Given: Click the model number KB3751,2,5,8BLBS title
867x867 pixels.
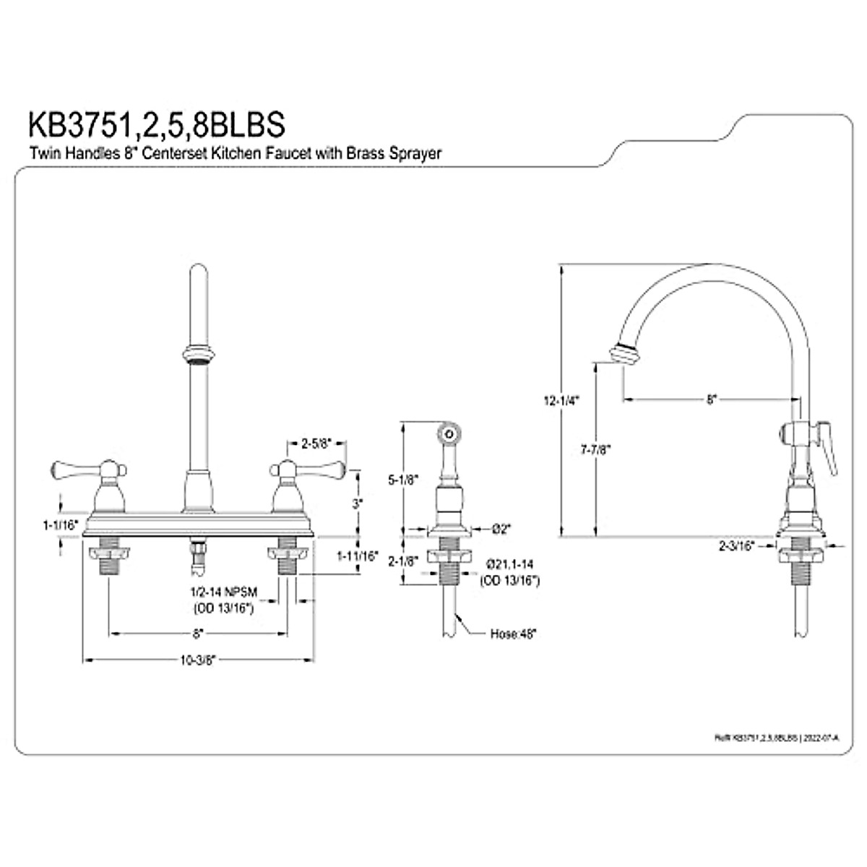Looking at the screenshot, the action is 156,124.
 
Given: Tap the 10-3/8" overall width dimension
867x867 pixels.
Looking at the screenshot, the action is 200,659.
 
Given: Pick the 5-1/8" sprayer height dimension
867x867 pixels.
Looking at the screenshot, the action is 401,479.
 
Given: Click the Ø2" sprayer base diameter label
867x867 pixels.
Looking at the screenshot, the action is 501,529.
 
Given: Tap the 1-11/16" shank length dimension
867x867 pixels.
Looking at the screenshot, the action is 358,556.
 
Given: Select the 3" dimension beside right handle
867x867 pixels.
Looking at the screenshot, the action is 357,504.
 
